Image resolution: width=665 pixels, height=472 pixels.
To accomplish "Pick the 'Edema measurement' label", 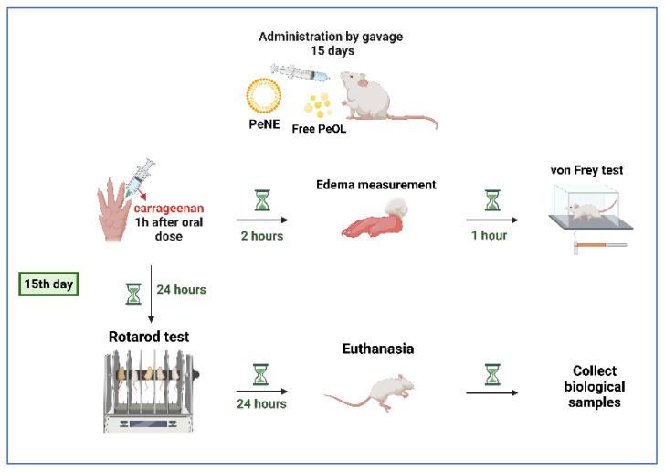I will click(x=389, y=185).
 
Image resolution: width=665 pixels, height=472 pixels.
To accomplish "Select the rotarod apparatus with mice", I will click(x=150, y=389).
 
